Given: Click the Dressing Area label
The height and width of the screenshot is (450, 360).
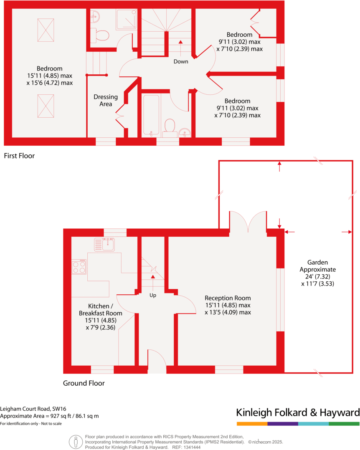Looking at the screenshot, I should pos(106,100).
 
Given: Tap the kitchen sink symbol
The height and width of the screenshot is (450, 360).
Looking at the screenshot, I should pos(104,244).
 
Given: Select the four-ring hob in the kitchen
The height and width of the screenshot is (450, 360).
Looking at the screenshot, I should pos(79,267).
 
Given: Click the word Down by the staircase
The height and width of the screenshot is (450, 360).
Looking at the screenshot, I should pos(181,61).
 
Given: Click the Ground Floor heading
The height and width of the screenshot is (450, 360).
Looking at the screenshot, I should pos(84,383).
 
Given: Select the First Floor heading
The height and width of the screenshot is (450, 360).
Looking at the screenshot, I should pos(19,156).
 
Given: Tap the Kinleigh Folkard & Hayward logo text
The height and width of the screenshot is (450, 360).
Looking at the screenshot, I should pos(297,412).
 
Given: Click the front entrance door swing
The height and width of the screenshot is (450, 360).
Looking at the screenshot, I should pos(157,362).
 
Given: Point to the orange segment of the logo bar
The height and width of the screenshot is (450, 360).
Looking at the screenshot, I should pos(251,424).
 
